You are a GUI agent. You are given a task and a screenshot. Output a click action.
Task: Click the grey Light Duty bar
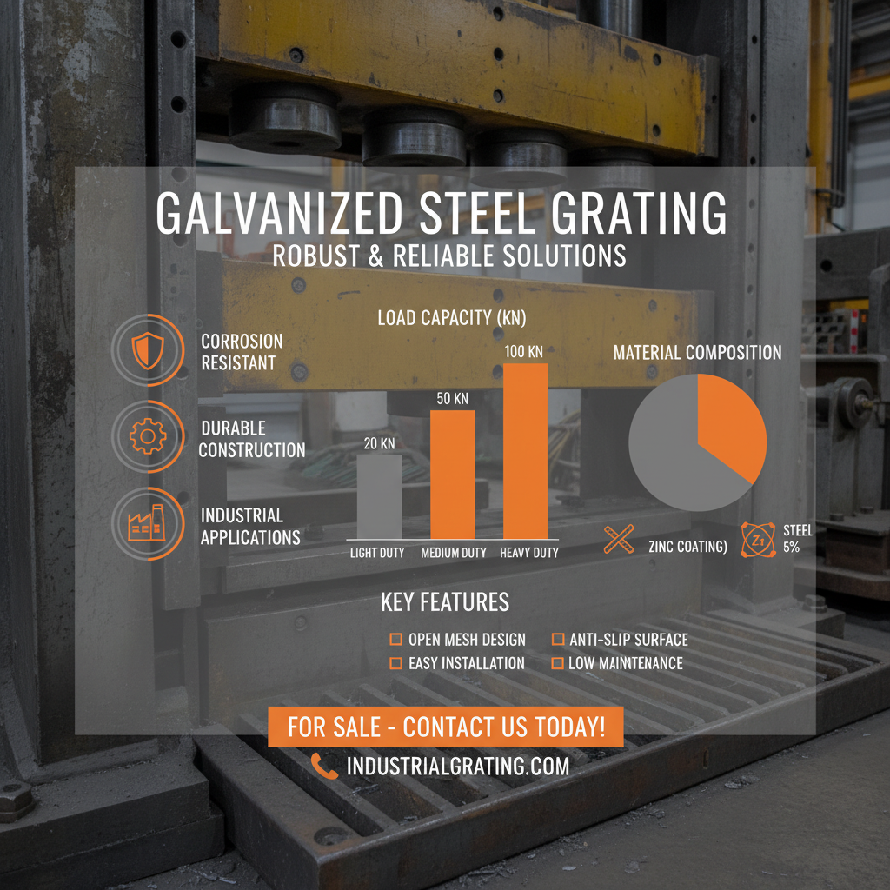click(380, 496)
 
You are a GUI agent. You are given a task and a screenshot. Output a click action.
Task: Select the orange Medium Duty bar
click(453, 475)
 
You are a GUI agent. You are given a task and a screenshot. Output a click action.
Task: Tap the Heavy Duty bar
click(525, 451)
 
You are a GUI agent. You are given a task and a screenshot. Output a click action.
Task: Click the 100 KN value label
click(525, 351)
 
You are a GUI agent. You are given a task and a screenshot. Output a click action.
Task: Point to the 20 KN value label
click(379, 443)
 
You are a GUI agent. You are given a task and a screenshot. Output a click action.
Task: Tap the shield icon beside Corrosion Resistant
click(147, 350)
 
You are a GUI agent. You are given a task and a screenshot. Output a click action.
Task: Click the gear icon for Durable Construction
click(147, 436)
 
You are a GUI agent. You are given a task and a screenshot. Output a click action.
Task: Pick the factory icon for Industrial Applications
click(147, 523)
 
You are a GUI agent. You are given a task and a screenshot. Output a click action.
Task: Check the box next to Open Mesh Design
click(395, 640)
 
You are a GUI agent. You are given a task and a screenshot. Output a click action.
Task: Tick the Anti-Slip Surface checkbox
click(558, 640)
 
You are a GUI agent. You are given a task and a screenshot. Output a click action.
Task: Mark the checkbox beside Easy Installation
click(395, 663)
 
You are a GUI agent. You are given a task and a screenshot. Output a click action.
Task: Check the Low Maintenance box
click(558, 663)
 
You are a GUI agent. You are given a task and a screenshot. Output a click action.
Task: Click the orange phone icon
click(324, 766)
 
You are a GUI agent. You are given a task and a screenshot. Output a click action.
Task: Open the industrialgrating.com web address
click(458, 766)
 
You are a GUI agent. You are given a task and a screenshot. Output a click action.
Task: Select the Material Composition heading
click(697, 353)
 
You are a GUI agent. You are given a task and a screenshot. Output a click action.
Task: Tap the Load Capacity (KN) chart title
click(452, 318)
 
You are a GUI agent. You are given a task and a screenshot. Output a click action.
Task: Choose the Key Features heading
click(445, 601)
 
